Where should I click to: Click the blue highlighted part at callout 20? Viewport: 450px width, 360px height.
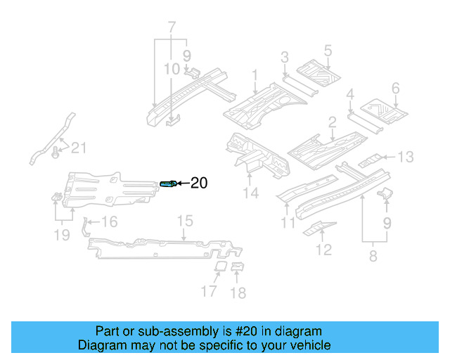(x=169, y=184)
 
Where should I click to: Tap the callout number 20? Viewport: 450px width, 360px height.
(x=199, y=184)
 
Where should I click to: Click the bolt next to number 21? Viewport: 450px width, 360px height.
(x=56, y=152)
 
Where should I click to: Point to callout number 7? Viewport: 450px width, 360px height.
(x=171, y=29)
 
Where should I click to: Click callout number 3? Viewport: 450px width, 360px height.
(x=284, y=57)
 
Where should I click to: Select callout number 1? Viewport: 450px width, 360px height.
(x=255, y=75)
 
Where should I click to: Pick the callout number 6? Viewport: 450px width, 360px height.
(x=395, y=89)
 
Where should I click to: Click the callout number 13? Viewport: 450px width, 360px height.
(x=407, y=156)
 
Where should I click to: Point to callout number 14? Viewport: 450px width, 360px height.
(x=252, y=193)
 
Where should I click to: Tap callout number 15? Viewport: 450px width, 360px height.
(x=184, y=221)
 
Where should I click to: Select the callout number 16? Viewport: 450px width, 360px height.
(x=109, y=222)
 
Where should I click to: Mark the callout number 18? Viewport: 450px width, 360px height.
(x=238, y=292)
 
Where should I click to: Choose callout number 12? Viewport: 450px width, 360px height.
(x=323, y=249)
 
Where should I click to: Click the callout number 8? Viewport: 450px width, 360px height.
(x=373, y=257)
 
